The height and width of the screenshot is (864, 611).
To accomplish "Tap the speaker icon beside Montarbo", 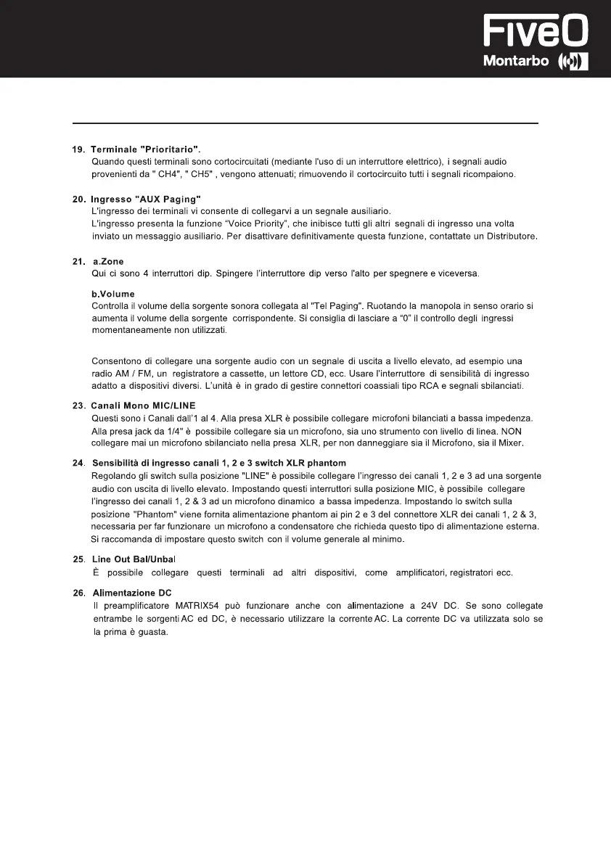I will (x=573, y=62).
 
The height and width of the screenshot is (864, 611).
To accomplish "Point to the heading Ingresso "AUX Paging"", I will (x=146, y=199).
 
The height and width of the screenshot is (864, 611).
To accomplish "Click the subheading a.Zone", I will (x=108, y=261).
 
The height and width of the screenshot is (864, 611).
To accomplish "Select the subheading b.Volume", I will (x=112, y=295).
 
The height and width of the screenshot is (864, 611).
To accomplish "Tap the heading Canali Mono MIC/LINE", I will (x=143, y=405).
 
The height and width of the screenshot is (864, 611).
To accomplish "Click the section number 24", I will (x=78, y=463).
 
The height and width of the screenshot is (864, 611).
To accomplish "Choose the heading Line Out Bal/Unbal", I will (x=134, y=559).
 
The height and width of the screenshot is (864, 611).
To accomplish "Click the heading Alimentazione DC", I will (x=132, y=593).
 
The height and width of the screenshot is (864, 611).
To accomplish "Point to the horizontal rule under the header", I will (x=305, y=123).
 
